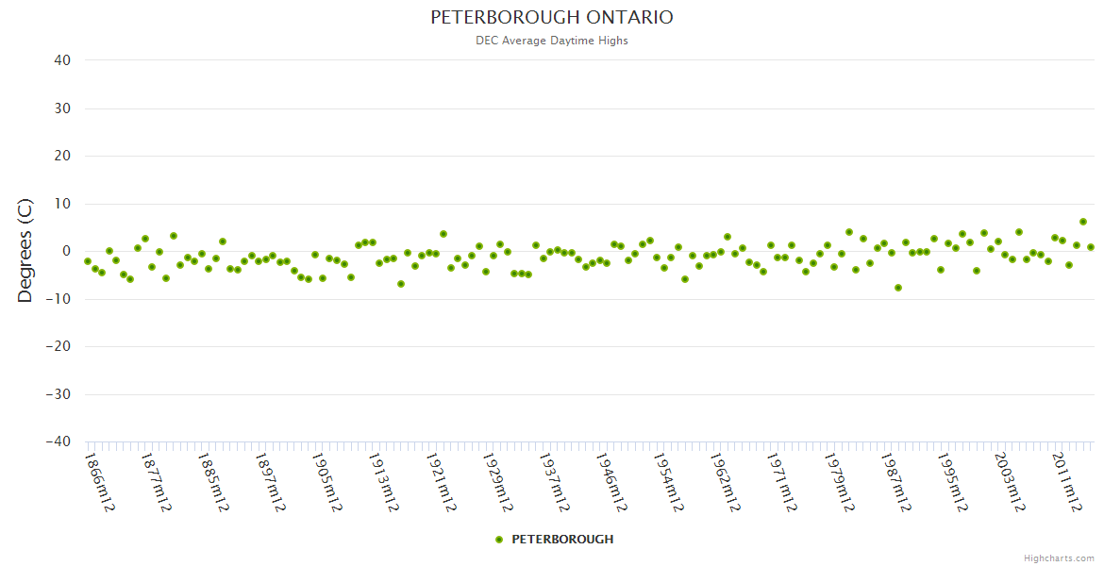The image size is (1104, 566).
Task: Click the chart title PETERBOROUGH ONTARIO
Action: tap(552, 18)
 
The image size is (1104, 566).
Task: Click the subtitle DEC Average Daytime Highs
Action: tap(552, 41)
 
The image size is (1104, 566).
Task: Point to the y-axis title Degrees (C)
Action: tap(25, 251)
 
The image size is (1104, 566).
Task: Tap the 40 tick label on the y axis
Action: tap(62, 60)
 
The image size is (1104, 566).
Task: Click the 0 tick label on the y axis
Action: tap(66, 251)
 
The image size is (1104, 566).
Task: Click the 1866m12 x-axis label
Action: tap(99, 481)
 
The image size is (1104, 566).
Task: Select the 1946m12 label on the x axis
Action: tap(611, 481)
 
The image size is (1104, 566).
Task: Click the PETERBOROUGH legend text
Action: tap(562, 540)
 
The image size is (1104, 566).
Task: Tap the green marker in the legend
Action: tap(499, 540)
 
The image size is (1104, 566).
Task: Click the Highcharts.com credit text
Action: tap(1059, 558)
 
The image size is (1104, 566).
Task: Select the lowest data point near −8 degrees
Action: tap(898, 288)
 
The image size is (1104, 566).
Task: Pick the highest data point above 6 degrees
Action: tap(1083, 222)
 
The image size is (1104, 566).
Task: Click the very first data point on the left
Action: tap(88, 261)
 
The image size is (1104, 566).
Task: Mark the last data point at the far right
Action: tap(1091, 247)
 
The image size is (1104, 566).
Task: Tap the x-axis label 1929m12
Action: tap(496, 481)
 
